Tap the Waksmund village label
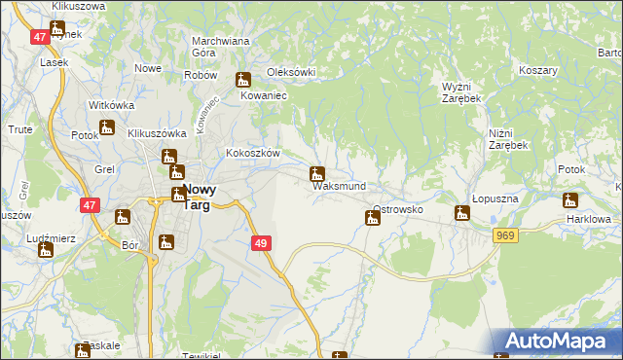tap(340, 186)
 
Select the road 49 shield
tap(260, 243)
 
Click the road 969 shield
tap(504, 235)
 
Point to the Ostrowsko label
tap(397, 209)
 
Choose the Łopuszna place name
tap(497, 198)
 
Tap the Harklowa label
tap(587, 219)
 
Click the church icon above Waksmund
tap(316, 175)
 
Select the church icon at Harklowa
tap(570, 200)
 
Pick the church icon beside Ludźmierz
tap(46, 250)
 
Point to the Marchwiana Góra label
tap(222, 47)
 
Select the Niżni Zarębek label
tap(508, 138)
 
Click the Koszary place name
tap(537, 71)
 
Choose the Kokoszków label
tap(253, 154)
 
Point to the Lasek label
tap(53, 61)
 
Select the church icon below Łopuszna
tap(462, 213)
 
